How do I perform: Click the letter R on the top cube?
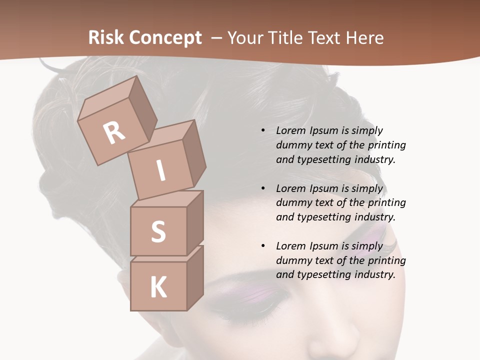pos(114,132)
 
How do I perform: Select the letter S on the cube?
pos(158,231)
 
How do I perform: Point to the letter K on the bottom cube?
pos(158,287)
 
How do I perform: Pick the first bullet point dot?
pos(263,130)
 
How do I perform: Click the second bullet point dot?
pos(263,188)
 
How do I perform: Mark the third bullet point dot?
pos(263,246)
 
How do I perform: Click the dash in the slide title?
pos(217,38)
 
